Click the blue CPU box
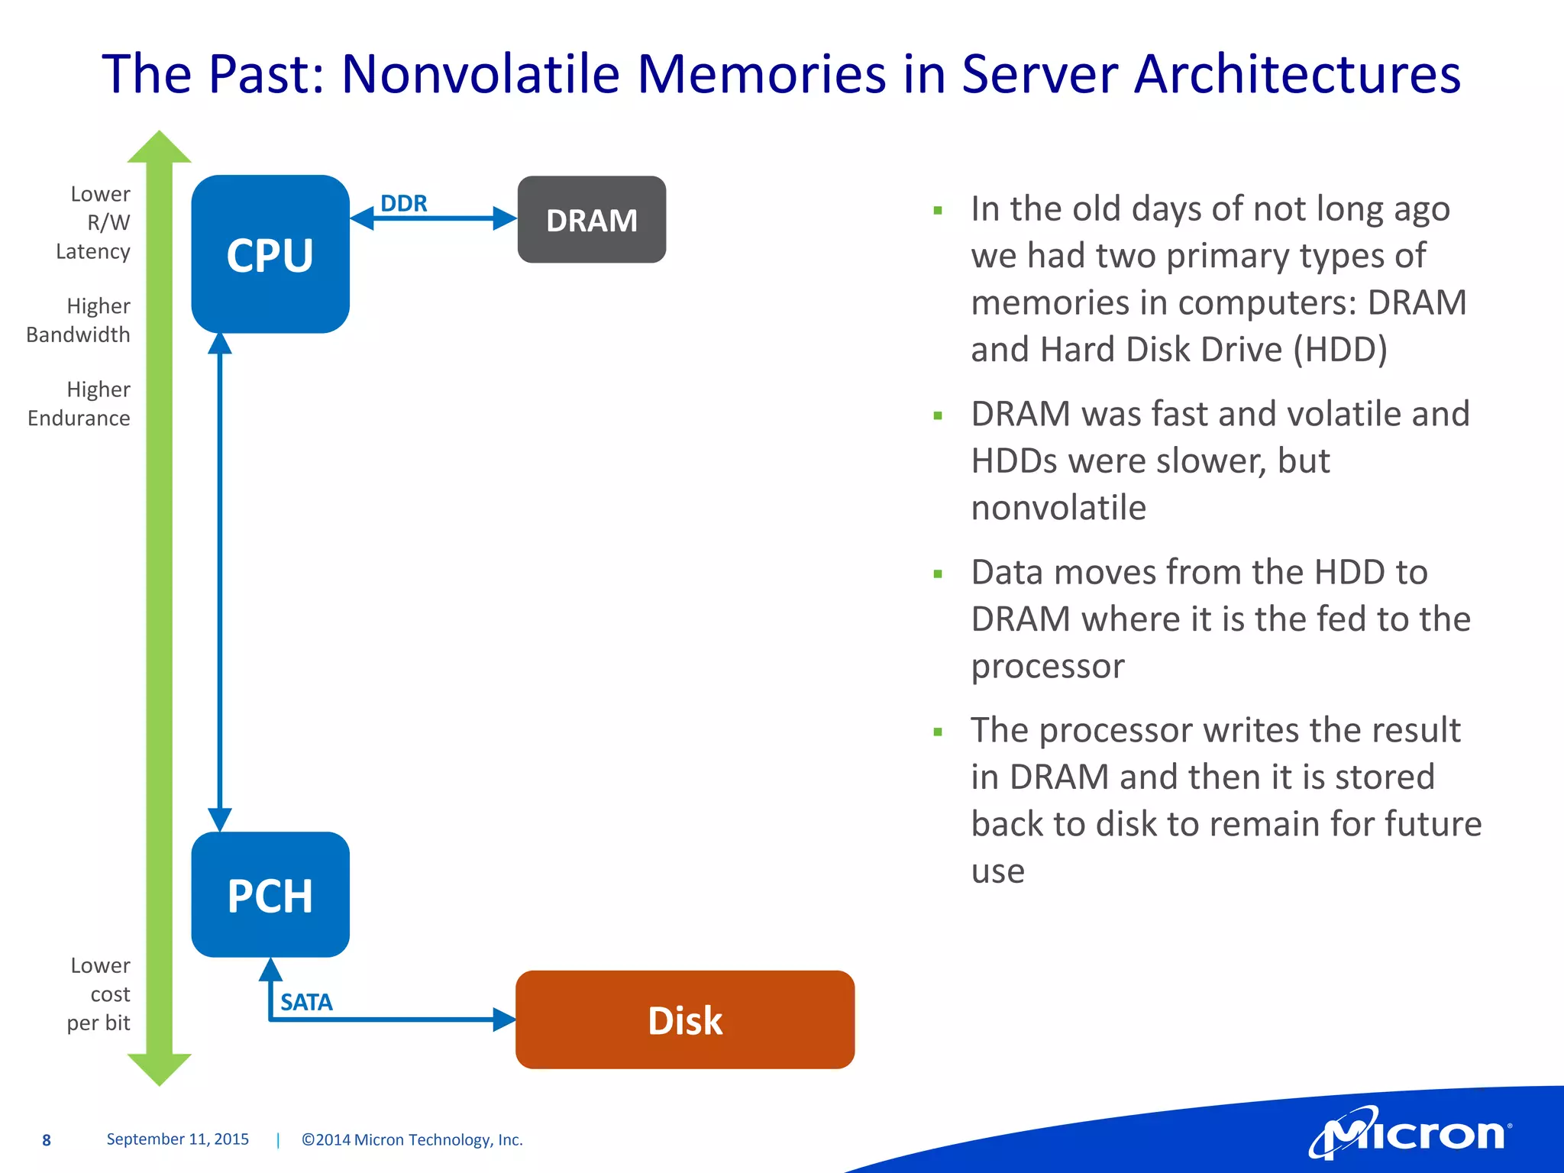[x=270, y=254]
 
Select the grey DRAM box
[x=592, y=220]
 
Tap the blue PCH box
[x=270, y=894]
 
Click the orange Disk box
[x=685, y=1020]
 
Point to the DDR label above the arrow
[x=404, y=203]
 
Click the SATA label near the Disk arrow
[x=306, y=1002]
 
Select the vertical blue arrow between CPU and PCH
[x=220, y=580]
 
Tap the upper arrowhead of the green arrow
[x=159, y=148]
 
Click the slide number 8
[x=47, y=1140]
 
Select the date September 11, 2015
[x=178, y=1139]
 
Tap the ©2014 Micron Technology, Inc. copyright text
[x=412, y=1139]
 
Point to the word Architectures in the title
[x=1297, y=74]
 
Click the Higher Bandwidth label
[x=79, y=320]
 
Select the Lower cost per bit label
[x=99, y=994]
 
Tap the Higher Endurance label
[x=79, y=403]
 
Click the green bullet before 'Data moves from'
[x=938, y=574]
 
